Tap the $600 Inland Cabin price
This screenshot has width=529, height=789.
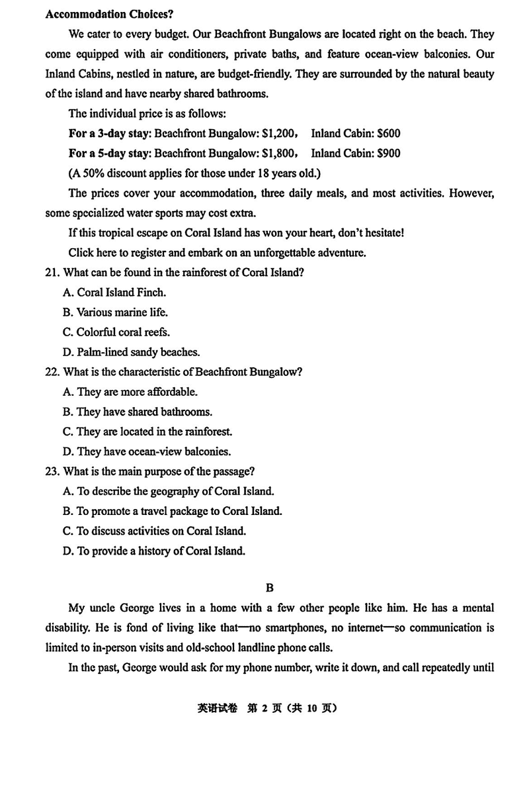[x=388, y=133]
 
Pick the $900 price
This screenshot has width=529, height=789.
[x=388, y=153]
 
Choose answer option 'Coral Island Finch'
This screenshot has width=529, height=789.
[x=121, y=292]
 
